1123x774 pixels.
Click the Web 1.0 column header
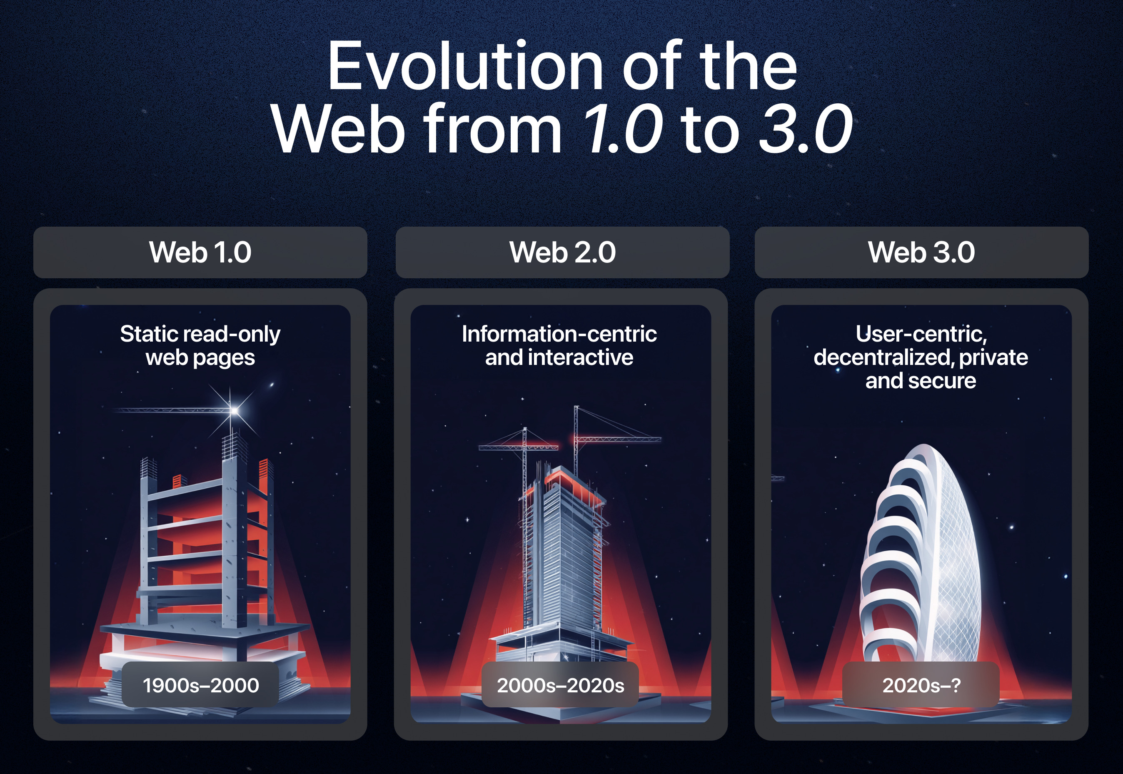click(200, 252)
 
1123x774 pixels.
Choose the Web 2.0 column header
click(562, 252)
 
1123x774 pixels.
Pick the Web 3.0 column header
click(921, 252)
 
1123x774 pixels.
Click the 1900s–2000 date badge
click(200, 685)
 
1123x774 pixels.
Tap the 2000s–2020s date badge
click(560, 685)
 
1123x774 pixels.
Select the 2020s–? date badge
click(921, 685)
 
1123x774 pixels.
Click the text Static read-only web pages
click(200, 345)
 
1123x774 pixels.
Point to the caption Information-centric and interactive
click(559, 345)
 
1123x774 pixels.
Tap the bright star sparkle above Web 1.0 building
click(235, 411)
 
